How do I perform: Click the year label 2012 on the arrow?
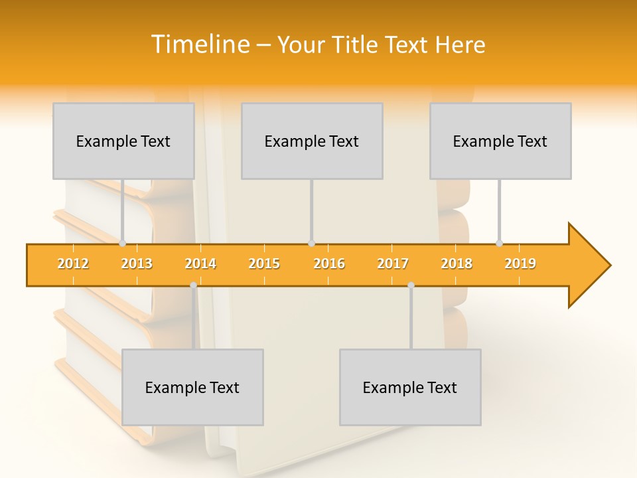pyautogui.click(x=73, y=264)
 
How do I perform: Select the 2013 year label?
pyautogui.click(x=137, y=264)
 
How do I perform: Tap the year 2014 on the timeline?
pyautogui.click(x=200, y=264)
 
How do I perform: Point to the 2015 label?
pyautogui.click(x=264, y=264)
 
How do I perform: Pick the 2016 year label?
pyautogui.click(x=329, y=264)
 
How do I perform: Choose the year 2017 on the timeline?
pyautogui.click(x=393, y=264)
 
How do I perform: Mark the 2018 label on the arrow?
pyautogui.click(x=457, y=264)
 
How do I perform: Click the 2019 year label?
pyautogui.click(x=520, y=264)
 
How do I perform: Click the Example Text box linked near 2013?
pyautogui.click(x=123, y=141)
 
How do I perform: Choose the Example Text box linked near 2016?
pyautogui.click(x=312, y=141)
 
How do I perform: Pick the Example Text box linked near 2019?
pyautogui.click(x=500, y=141)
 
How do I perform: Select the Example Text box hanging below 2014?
pyautogui.click(x=192, y=387)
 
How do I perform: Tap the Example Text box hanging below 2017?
pyautogui.click(x=410, y=387)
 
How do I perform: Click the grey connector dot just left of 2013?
pyautogui.click(x=122, y=244)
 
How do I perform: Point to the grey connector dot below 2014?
pyautogui.click(x=193, y=285)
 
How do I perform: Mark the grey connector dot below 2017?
pyautogui.click(x=411, y=285)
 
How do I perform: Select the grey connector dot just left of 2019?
pyautogui.click(x=499, y=244)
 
